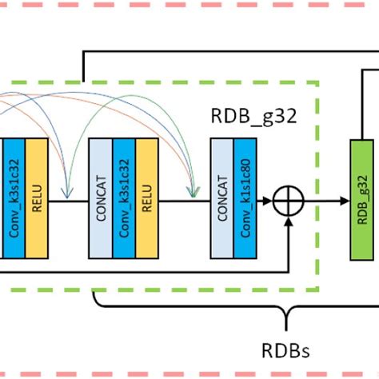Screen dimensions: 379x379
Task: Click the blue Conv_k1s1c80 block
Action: point(245,197)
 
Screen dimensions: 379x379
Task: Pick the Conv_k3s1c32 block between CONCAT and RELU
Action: point(124,197)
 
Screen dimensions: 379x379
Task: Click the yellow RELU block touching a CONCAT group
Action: point(147,197)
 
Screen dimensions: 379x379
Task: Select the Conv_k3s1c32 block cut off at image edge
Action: point(13,197)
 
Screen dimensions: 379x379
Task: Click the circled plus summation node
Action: point(286,200)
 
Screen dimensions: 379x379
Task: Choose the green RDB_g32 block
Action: point(364,197)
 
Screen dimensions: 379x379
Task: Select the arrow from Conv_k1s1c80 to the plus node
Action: point(265,200)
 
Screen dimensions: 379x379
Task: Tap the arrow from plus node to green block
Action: point(325,200)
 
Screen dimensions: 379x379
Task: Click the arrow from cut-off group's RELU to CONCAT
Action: point(69,200)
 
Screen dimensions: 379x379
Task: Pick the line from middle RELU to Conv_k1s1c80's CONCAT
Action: point(184,200)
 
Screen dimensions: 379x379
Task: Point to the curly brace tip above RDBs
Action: point(285,317)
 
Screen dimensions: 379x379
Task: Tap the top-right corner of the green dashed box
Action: point(318,81)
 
